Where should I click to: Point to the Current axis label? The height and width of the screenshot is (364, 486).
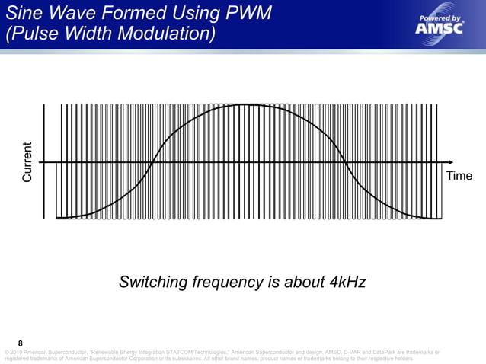tap(27, 162)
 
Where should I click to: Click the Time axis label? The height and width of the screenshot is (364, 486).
tap(459, 176)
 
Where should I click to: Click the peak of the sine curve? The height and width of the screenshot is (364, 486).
tap(248, 105)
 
